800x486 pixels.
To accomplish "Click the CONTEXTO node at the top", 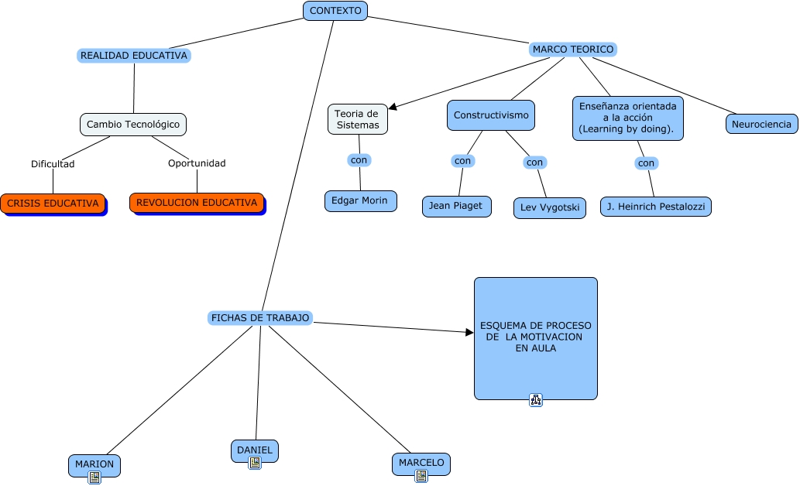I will (x=335, y=11).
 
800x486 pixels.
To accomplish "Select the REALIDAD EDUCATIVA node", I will (x=134, y=56).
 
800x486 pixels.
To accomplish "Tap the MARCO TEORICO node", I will (x=573, y=50).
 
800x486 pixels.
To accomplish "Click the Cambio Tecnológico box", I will (x=133, y=124).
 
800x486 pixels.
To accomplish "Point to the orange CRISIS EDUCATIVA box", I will (x=53, y=204).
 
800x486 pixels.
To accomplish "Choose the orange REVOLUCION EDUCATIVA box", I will (x=197, y=203).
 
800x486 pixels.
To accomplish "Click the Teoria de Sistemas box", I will (x=357, y=119).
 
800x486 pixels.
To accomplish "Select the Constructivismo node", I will (x=491, y=115).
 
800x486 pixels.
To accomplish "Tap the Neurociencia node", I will (x=761, y=124).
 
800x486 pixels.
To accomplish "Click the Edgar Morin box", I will (x=361, y=200).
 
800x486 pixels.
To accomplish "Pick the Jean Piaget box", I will (x=456, y=206).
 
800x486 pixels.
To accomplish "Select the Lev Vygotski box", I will (x=549, y=208).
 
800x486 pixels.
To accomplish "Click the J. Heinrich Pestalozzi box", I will (x=655, y=207).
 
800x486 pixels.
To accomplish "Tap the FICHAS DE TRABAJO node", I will (x=260, y=318).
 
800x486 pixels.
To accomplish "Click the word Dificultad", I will (x=53, y=164).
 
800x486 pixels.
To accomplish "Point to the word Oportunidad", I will (x=197, y=163).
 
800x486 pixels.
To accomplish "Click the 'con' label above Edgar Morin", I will (x=359, y=160).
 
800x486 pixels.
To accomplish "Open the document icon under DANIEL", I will (x=254, y=463).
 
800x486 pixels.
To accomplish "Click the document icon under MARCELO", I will (x=421, y=476).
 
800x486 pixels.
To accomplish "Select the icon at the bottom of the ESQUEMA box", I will (x=536, y=400).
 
